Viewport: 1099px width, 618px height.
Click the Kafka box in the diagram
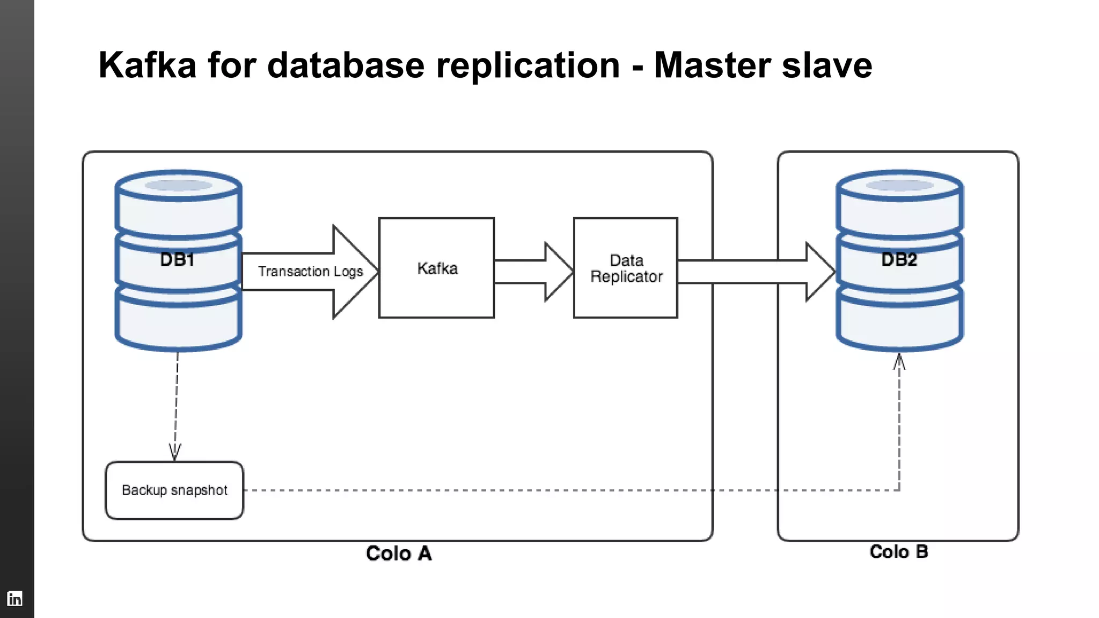tap(436, 268)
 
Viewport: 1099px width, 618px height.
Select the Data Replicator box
tap(626, 268)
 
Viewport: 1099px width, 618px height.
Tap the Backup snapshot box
tap(174, 490)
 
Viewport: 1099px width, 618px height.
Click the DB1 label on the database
tap(177, 260)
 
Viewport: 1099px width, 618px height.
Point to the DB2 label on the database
tap(899, 260)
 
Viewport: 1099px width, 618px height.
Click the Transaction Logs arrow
tap(310, 271)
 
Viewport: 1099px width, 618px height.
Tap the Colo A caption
tap(399, 553)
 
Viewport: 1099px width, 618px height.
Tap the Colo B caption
tap(899, 551)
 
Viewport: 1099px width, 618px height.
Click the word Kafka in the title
tap(148, 65)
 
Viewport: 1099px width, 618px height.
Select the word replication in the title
tap(527, 65)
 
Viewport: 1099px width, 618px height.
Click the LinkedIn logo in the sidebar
tap(15, 598)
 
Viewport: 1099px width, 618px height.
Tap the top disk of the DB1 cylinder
tap(178, 204)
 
